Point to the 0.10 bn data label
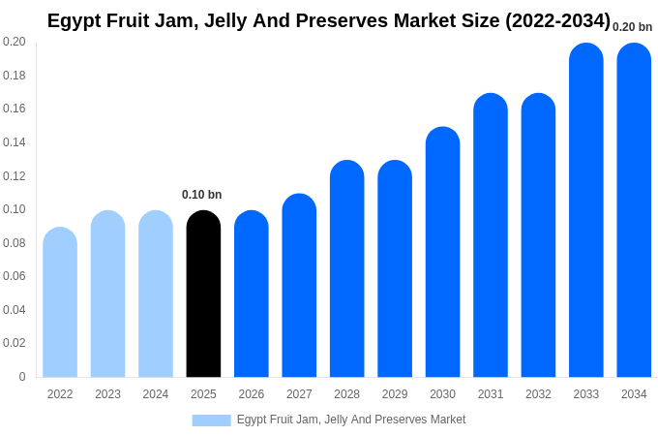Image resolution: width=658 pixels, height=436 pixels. pos(201,195)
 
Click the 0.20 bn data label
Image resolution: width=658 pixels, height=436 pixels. pos(632,27)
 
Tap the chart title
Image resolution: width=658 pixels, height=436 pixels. pos(329,20)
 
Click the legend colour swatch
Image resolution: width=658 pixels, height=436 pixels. pos(211,420)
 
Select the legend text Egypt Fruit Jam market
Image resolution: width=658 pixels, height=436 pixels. pos(351,420)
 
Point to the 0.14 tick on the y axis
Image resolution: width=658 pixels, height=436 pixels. pos(15,142)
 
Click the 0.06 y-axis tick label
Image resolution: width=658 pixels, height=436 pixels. pos(15,276)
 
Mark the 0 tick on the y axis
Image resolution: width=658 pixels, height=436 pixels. pos(22,377)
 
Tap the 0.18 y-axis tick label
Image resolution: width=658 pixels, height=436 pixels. pos(15,76)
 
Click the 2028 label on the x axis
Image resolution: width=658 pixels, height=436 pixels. pos(346,394)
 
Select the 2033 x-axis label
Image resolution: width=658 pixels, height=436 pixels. pos(585,394)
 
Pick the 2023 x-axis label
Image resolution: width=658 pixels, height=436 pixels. pos(107,394)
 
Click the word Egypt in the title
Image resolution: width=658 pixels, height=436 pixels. pos(74,21)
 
